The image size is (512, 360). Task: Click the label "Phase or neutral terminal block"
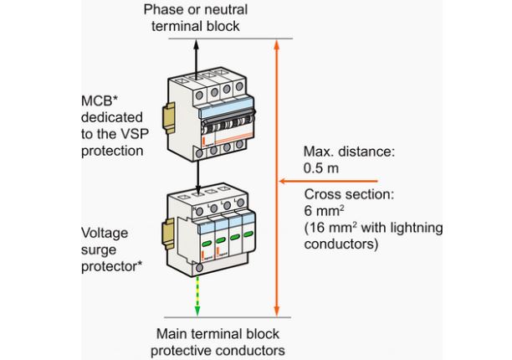click(x=195, y=18)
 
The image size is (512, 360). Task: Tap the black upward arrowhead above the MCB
click(x=197, y=49)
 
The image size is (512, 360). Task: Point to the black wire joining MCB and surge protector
click(x=197, y=173)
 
